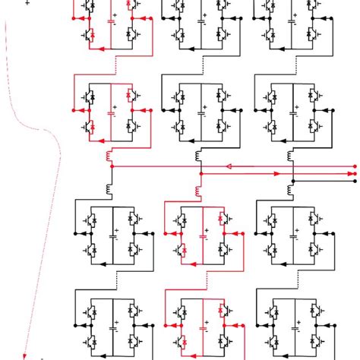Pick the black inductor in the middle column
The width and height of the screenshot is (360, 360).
[x=200, y=156]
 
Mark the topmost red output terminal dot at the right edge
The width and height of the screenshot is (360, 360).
[x=354, y=166]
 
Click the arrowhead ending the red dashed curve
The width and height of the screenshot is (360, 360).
[x=24, y=354]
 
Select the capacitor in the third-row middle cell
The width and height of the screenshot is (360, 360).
[x=204, y=235]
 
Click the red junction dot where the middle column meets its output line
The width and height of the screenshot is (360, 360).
[x=200, y=174]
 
